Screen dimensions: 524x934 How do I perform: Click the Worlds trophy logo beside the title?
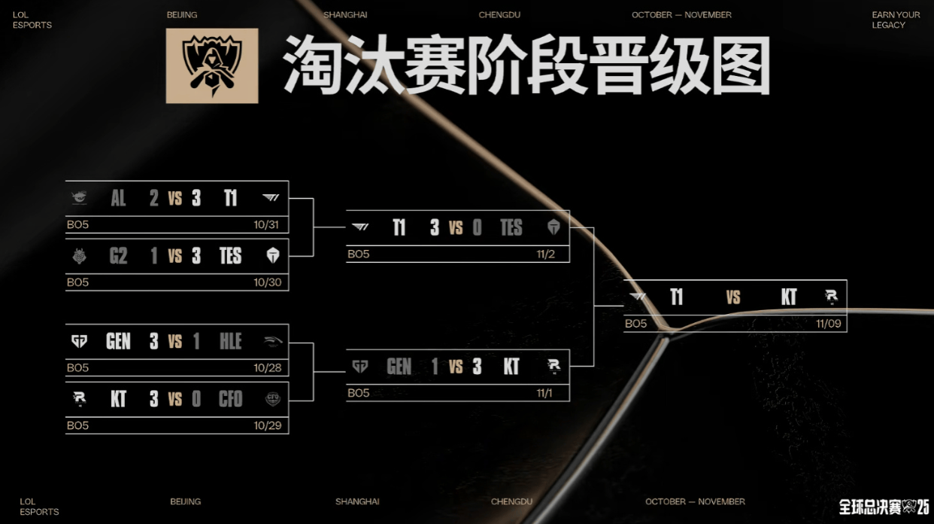212,65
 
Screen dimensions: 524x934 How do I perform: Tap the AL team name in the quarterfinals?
118,198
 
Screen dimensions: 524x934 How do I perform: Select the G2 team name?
118,256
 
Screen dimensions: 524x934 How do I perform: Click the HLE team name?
231,342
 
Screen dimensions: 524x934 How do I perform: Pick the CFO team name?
231,399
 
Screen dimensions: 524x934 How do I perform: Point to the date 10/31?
267,224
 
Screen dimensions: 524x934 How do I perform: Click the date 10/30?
267,282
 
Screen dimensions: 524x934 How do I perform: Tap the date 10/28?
266,367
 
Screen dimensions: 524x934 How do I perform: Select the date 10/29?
266,425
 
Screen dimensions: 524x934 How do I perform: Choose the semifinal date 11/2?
546,254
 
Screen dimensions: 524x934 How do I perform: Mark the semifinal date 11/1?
545,393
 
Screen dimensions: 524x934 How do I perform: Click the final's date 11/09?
828,324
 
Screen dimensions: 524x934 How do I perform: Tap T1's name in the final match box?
677,297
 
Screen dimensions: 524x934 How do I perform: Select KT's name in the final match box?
788,297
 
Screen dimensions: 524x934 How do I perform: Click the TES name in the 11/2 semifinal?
511,227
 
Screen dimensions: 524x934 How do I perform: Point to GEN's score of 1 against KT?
435,367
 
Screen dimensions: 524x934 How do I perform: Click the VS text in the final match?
733,297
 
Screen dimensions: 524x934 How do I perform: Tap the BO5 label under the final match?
636,324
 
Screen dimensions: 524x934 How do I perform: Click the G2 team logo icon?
79,256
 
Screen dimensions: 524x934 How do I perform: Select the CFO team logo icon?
272,399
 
